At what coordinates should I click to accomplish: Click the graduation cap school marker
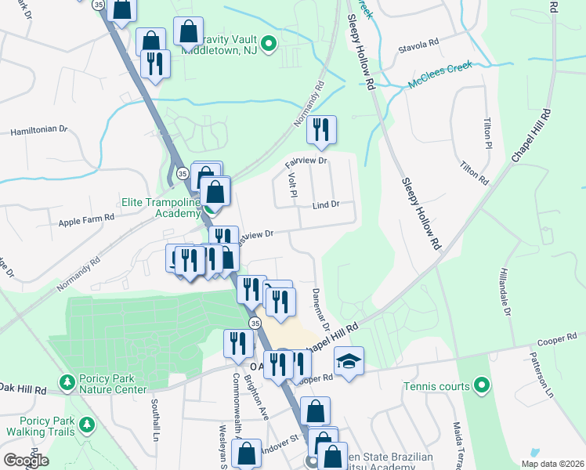349,362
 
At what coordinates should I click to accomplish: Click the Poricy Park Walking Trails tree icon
86,425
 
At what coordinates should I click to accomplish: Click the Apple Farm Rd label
81,221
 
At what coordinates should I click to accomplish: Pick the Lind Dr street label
325,204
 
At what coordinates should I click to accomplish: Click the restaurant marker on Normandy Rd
321,130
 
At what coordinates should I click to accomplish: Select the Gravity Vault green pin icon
268,44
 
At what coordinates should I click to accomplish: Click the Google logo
26,460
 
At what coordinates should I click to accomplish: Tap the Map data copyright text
552,464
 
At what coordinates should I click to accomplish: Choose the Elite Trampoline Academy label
161,208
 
